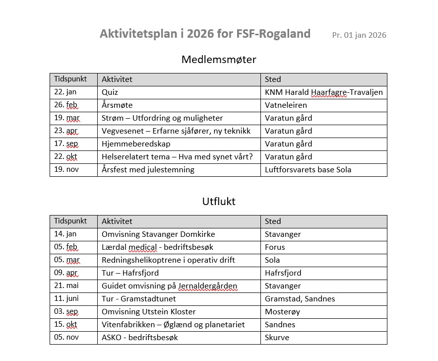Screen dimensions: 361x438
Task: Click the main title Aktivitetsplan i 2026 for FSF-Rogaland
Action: [205, 34]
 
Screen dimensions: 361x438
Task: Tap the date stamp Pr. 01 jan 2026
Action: [359, 35]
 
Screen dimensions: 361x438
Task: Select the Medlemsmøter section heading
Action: [219, 60]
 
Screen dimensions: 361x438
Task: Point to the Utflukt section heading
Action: [219, 202]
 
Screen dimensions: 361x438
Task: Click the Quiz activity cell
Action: [110, 92]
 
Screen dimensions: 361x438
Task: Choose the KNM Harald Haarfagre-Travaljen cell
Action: [323, 92]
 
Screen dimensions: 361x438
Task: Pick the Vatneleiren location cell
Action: [286, 105]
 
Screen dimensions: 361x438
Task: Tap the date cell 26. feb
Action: [66, 105]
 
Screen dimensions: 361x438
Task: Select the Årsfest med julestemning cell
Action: [148, 170]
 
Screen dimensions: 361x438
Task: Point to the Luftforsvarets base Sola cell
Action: [308, 170]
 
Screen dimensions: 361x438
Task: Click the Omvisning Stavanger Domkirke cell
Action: [158, 234]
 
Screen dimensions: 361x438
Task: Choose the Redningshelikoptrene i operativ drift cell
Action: [168, 260]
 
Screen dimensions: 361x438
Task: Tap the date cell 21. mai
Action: [66, 286]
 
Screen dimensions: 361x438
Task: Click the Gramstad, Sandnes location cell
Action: [300, 299]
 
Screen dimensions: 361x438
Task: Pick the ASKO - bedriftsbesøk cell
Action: [139, 338]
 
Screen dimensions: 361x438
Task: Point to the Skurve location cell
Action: [277, 338]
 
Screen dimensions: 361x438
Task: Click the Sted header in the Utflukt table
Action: [273, 221]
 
